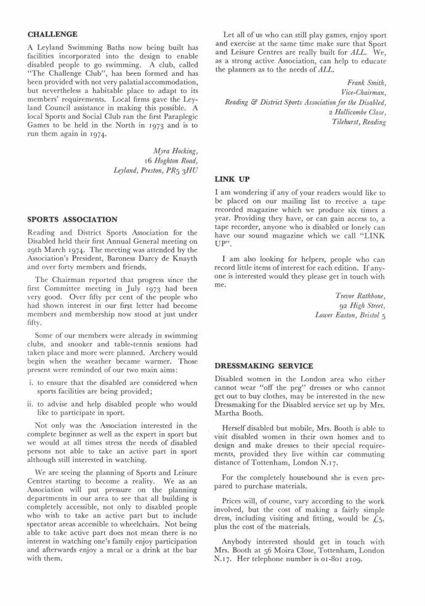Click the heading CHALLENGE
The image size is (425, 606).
pyautogui.click(x=53, y=34)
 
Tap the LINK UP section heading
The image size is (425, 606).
pyautogui.click(x=233, y=180)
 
